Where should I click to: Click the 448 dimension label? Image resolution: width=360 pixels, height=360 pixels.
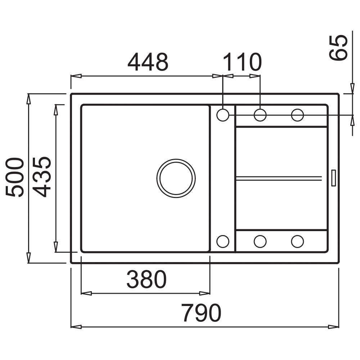[x=148, y=62]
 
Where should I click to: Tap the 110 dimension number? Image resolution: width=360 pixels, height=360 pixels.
[x=242, y=62]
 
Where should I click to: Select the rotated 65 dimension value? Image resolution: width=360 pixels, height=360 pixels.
[x=338, y=48]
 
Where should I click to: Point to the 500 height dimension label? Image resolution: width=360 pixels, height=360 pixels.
[x=15, y=177]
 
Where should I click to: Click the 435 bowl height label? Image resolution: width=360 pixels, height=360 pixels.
[x=41, y=177]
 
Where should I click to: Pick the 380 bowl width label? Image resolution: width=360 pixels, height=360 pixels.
[x=147, y=279]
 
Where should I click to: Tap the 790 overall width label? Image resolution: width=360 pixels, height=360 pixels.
[x=201, y=312]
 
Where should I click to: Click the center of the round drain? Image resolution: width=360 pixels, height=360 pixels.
[x=176, y=178]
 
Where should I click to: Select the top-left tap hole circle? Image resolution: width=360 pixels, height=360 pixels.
[x=223, y=115]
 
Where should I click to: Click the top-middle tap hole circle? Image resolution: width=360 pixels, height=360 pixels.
[x=260, y=115]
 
